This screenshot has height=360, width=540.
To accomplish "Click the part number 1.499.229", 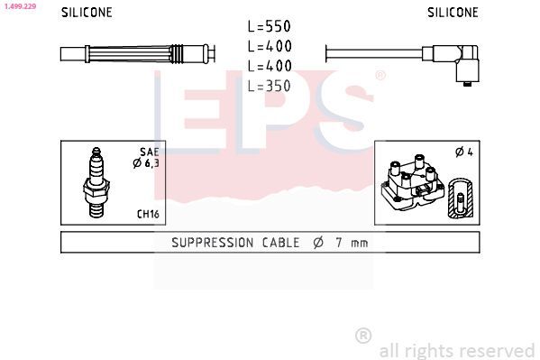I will click(x=19, y=5).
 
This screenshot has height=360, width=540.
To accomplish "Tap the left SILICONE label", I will click(x=87, y=13).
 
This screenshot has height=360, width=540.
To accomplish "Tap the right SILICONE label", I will click(x=453, y=13).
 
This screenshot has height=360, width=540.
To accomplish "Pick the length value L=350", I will click(x=270, y=86).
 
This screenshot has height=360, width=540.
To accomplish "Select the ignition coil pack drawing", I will click(x=410, y=185).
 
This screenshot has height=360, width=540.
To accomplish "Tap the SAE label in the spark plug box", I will click(x=149, y=152).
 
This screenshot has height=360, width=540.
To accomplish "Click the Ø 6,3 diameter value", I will click(x=146, y=163).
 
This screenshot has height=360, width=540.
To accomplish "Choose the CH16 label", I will click(x=148, y=214).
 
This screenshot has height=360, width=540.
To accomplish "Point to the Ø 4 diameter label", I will click(x=463, y=152).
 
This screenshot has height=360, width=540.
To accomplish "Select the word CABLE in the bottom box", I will click(x=282, y=243).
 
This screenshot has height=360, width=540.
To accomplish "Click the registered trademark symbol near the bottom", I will click(x=363, y=336).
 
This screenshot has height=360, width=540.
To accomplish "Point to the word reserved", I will click(x=496, y=350).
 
